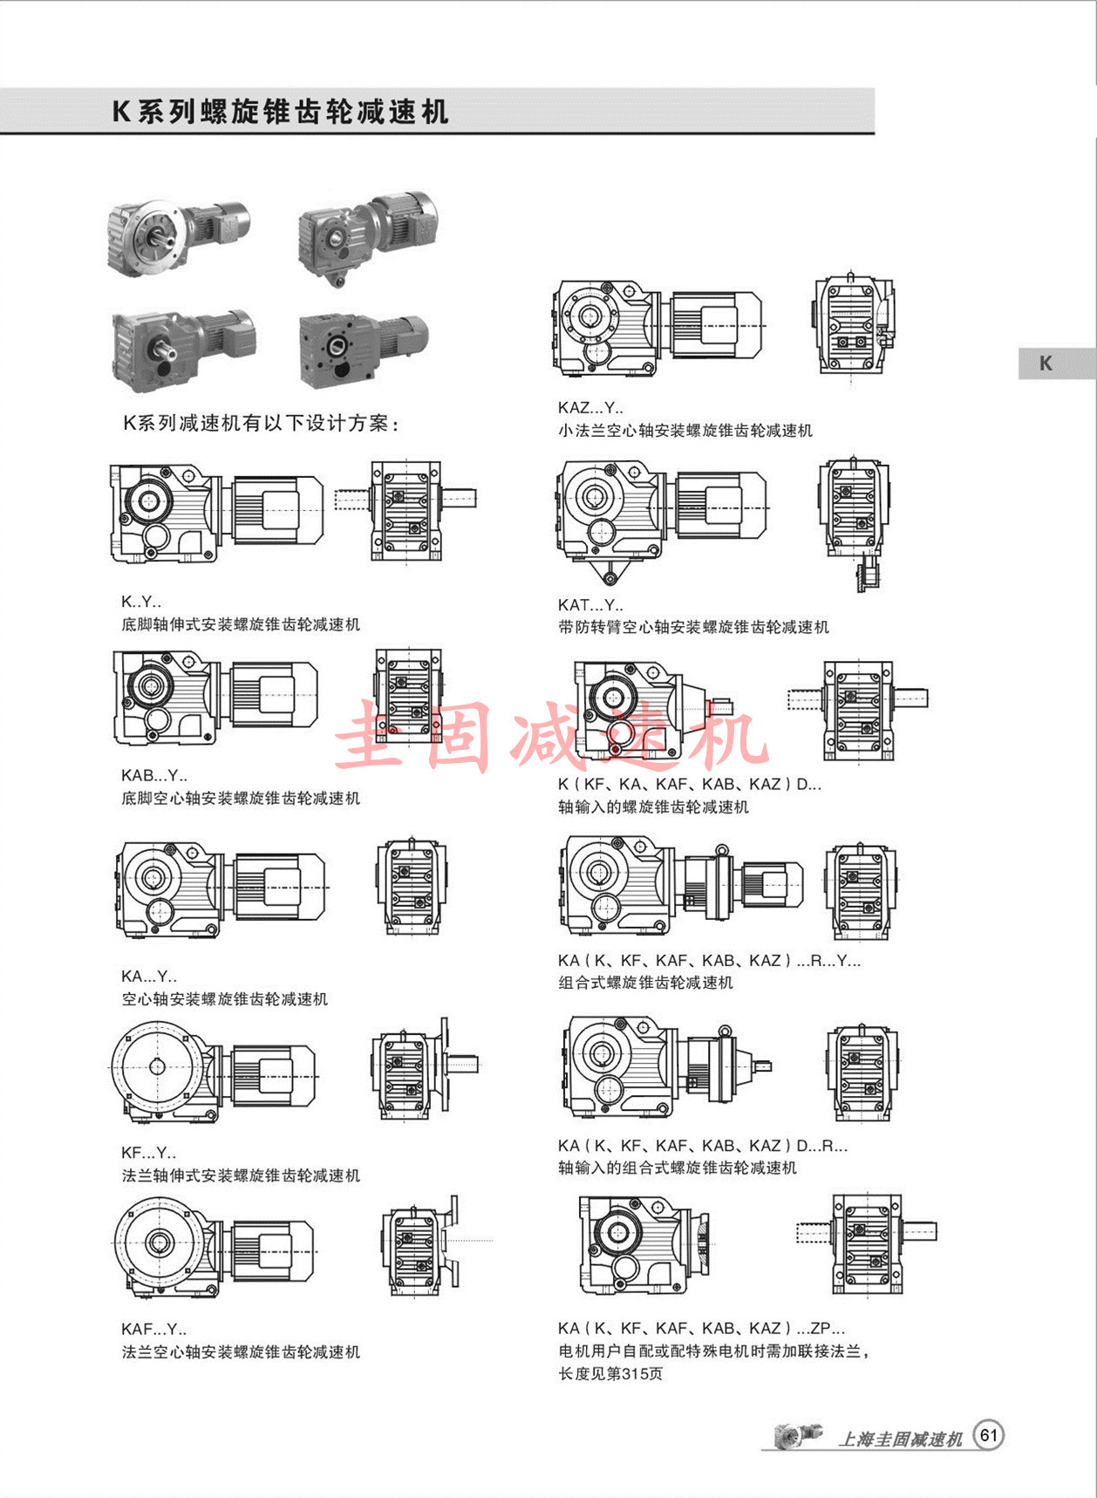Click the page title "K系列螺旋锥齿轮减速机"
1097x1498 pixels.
(x=280, y=112)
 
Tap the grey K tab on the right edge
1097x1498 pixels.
(x=1057, y=364)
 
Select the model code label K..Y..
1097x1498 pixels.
(x=141, y=602)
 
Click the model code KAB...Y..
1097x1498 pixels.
(x=154, y=775)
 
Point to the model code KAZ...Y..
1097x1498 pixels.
(x=590, y=407)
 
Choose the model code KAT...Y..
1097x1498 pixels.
(x=590, y=604)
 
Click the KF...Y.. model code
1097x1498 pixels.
(x=148, y=1153)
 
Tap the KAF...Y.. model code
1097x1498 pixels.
(x=153, y=1329)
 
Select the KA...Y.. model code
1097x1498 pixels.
(x=149, y=977)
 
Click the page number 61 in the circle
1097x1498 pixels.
(x=988, y=1434)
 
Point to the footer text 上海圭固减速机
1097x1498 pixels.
(x=900, y=1440)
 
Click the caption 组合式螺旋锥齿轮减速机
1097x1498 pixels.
(x=645, y=983)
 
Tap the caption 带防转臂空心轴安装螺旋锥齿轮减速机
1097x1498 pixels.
(x=693, y=627)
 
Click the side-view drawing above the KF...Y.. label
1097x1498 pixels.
(x=214, y=1070)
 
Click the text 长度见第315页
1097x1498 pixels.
(x=610, y=1373)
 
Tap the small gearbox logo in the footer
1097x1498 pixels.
(x=798, y=1434)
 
